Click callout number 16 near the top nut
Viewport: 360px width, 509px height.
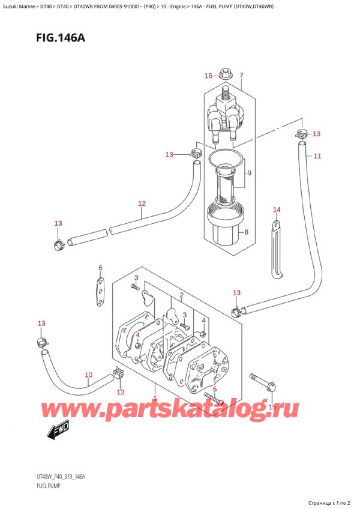coord(208,76)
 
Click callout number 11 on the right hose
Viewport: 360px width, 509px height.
coord(317,156)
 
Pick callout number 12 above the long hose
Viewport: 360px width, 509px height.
coord(142,203)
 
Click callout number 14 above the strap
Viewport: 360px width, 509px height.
coord(277,209)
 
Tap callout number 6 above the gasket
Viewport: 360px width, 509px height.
coord(101,268)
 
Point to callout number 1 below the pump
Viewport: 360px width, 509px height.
coord(155,399)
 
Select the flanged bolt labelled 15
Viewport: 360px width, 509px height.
coord(260,382)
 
